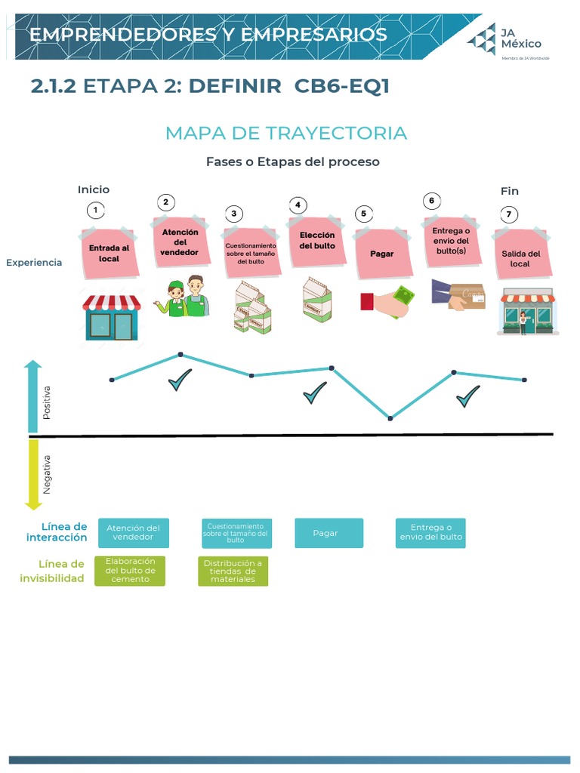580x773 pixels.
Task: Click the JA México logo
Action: point(504,39)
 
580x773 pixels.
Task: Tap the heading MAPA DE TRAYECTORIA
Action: point(285,134)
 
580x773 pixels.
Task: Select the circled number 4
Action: point(298,205)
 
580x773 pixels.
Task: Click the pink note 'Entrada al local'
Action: point(109,252)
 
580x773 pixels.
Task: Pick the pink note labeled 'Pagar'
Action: point(383,254)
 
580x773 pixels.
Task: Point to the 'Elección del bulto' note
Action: point(316,241)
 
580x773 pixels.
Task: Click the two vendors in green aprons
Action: point(184,297)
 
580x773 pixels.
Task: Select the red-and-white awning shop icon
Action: point(112,316)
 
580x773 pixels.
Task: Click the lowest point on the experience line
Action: point(390,417)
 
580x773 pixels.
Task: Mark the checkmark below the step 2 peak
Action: point(180,380)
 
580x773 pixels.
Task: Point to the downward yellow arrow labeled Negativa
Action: point(32,474)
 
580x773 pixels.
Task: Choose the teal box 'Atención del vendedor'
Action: point(134,533)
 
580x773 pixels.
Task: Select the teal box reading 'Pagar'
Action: point(329,533)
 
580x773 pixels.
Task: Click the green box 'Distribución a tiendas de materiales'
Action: point(233,571)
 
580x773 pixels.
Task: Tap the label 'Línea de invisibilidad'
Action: point(53,571)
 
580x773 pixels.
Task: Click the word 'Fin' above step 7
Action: point(510,191)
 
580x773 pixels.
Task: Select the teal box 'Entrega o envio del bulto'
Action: point(430,533)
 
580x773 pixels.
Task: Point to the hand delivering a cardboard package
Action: point(458,295)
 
